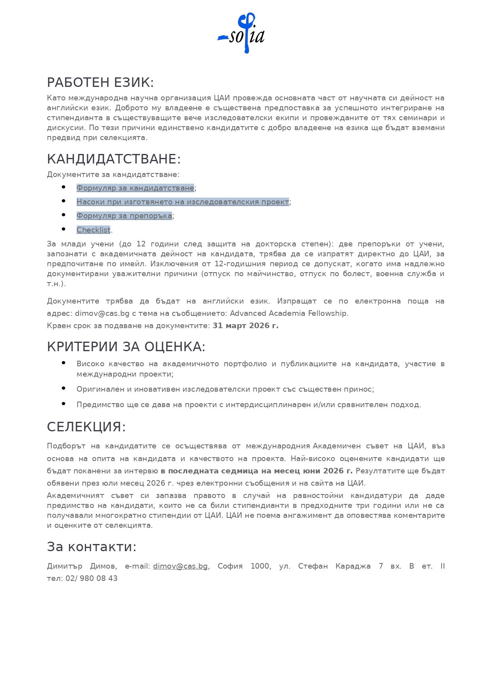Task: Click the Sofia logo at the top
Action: coord(241,33)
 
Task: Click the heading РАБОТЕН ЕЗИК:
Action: coord(100,83)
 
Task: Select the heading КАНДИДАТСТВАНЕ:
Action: coord(113,159)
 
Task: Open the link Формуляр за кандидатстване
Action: coord(135,188)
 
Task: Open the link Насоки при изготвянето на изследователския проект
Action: coord(182,202)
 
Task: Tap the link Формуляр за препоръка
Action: coord(124,216)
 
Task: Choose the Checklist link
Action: coord(93,230)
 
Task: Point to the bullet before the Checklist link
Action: coord(63,229)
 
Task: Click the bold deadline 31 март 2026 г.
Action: coord(245,326)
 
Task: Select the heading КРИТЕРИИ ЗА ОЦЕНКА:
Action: coord(126,347)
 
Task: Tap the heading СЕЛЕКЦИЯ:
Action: coord(86,427)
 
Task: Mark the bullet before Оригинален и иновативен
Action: coord(63,388)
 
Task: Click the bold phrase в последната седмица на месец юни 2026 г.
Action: coord(257,471)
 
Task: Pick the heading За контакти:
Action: coord(92,547)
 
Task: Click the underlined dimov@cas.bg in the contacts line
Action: coord(180,566)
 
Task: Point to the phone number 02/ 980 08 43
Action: coord(92,579)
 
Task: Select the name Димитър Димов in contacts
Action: coord(81,566)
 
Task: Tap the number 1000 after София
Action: coord(260,566)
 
